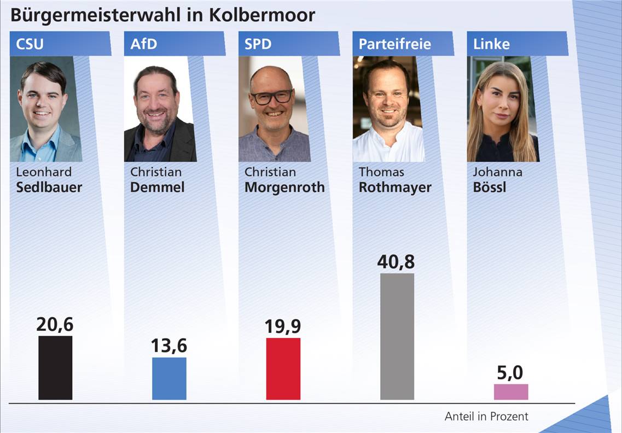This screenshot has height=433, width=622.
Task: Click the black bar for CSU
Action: pos(55,367)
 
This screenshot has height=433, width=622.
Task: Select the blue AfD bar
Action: pos(169,378)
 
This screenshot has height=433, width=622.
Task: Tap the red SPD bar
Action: pos(283,368)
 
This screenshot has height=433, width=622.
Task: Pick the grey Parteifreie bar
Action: pos(397,336)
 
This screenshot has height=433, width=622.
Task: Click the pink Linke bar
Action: pos(511,391)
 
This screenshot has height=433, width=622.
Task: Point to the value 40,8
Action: pos(396,262)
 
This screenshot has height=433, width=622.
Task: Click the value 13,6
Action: pos(169,346)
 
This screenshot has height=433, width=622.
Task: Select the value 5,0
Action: pos(510,373)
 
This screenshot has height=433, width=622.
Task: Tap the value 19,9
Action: pos(283,326)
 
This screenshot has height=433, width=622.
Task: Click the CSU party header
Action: pos(30,44)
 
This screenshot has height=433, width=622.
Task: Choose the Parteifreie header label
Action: pos(394,44)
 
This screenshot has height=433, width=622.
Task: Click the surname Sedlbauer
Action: pos(49,188)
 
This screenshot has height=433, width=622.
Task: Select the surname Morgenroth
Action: pos(284,188)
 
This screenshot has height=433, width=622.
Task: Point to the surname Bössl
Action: pos(490,188)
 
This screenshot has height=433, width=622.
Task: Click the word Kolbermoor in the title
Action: pos(262,15)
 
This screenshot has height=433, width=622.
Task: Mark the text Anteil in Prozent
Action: pos(486,417)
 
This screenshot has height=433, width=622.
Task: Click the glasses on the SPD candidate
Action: pos(271,97)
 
